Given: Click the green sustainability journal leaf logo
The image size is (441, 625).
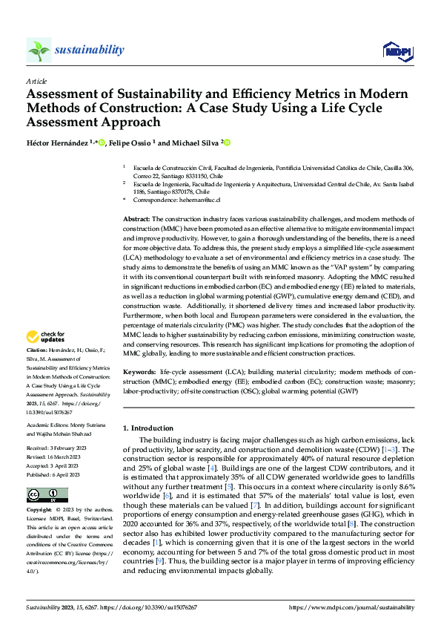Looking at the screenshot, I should pyautogui.click(x=39, y=50).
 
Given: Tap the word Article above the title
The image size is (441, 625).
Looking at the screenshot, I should pyautogui.click(x=36, y=81).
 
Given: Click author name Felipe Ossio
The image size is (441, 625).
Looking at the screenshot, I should pyautogui.click(x=130, y=143).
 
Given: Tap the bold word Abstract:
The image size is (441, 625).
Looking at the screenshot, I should pyautogui.click(x=136, y=220).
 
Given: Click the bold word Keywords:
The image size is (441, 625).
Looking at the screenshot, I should pyautogui.click(x=139, y=370).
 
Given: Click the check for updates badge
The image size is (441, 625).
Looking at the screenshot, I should pyautogui.click(x=46, y=336).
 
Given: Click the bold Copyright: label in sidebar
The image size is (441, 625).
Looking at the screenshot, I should pyautogui.click(x=39, y=511).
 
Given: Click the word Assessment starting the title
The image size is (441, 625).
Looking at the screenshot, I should pyautogui.click(x=64, y=94).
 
